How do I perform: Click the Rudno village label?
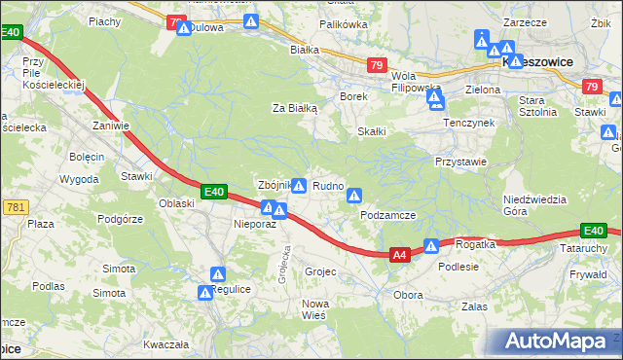(328, 185)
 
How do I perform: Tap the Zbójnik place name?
(273, 185)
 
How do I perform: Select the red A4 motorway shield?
(398, 255)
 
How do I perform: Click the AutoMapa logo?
(556, 342)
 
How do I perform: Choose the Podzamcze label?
(387, 215)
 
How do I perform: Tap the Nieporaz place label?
(256, 224)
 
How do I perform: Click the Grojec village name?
(320, 271)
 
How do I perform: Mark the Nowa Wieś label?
(314, 309)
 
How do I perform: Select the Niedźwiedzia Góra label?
(535, 205)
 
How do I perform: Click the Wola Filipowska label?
(417, 82)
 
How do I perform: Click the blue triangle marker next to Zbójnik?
(300, 186)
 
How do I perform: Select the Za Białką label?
(295, 109)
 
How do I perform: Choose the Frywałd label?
(588, 275)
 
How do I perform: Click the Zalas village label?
(474, 306)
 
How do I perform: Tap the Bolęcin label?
(87, 156)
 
